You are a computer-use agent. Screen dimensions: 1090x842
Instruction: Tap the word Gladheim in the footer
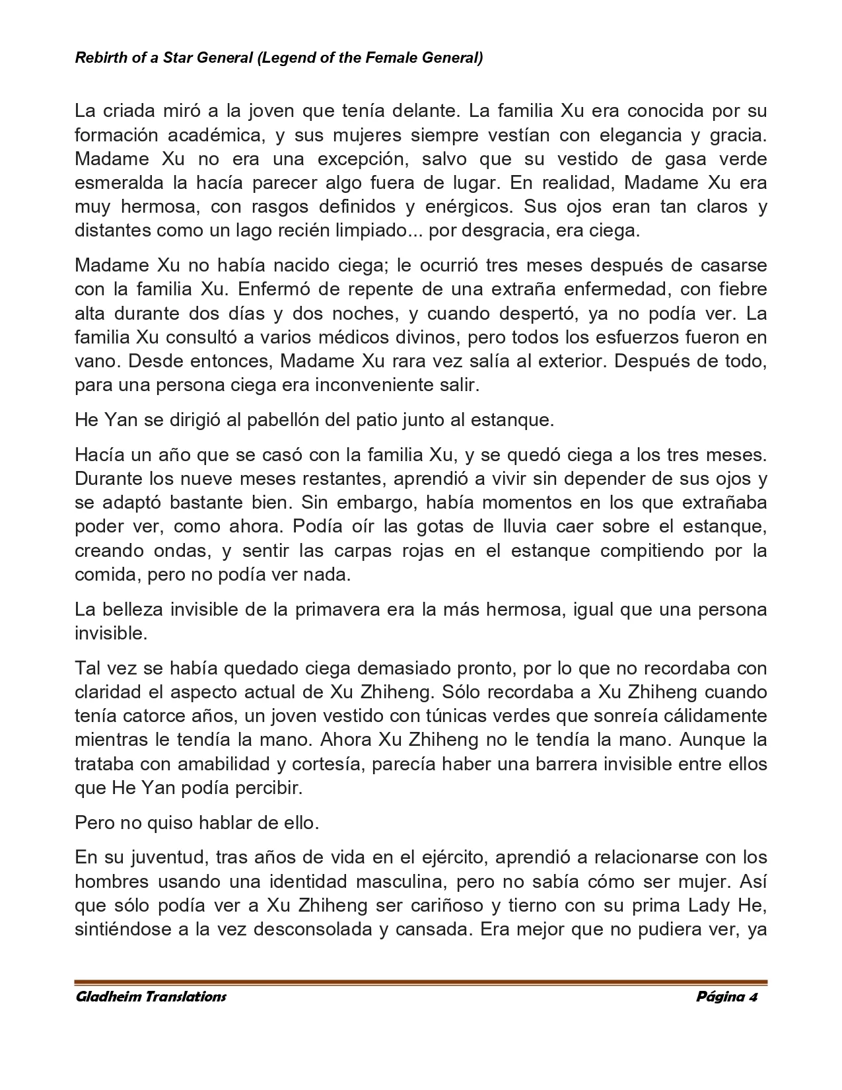click(107, 997)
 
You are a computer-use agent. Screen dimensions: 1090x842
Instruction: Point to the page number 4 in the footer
click(753, 997)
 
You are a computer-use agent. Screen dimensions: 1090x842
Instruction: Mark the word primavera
click(337, 609)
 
